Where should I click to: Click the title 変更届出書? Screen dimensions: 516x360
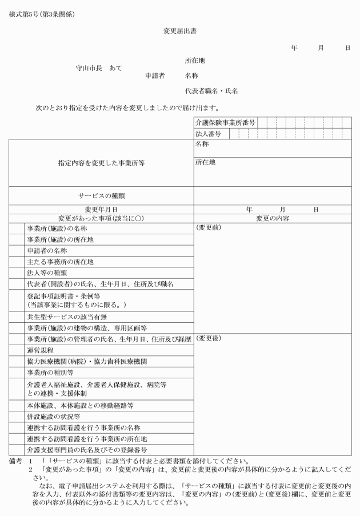tap(179, 32)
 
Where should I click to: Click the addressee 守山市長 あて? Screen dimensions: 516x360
tap(99, 67)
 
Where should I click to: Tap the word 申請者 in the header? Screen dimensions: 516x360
tap(154, 75)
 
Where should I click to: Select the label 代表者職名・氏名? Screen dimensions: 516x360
tap(211, 91)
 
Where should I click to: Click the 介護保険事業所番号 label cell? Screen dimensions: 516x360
tap(225, 122)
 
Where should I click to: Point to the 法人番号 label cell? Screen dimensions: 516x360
tap(208, 134)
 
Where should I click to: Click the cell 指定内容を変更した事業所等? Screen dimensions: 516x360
tap(101, 163)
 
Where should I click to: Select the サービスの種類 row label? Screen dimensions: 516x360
tap(101, 195)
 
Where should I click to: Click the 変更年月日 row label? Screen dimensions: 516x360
tap(101, 210)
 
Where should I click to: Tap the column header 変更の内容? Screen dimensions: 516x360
tap(273, 218)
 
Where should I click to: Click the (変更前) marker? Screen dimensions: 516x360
tap(208, 227)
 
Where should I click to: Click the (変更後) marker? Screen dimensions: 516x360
tap(208, 339)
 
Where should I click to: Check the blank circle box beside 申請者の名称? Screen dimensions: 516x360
tap(16, 250)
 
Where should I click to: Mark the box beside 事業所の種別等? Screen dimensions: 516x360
tap(16, 371)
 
